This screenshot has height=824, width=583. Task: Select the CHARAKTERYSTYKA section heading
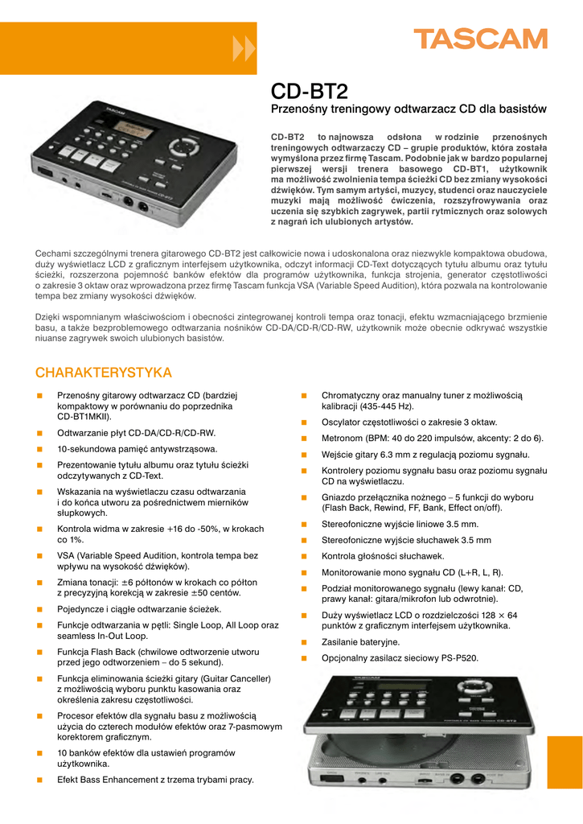[104, 373]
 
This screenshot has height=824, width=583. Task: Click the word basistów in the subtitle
[519, 109]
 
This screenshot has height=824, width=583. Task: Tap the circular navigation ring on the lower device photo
[474, 690]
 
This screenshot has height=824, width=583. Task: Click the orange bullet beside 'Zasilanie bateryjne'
[304, 642]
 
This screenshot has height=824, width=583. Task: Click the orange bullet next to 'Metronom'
[304, 439]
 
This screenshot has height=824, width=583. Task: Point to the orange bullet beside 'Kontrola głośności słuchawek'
[304, 556]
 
